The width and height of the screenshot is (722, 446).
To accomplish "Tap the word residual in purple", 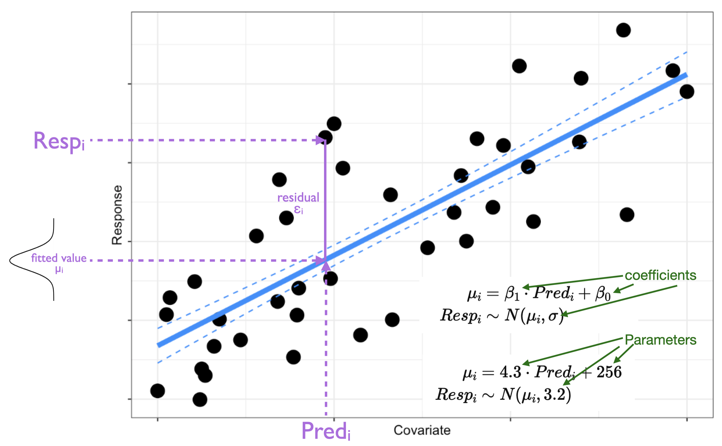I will point(298,198).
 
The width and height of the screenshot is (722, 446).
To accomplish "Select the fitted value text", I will point(59,258).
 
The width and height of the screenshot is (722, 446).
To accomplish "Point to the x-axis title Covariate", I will point(422,430).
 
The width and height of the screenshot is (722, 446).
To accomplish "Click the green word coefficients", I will point(660,275).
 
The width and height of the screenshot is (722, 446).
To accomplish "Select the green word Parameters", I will point(660,340).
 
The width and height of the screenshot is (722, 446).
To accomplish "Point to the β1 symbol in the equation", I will point(512,294).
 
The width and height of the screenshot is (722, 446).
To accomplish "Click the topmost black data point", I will point(623,30).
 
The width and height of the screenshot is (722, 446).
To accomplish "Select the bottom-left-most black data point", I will point(157,391).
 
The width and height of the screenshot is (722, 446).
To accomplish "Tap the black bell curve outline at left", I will point(18,260).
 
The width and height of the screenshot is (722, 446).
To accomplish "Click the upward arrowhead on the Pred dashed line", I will point(326,266).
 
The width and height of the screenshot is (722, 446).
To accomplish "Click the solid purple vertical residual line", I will point(325,201).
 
